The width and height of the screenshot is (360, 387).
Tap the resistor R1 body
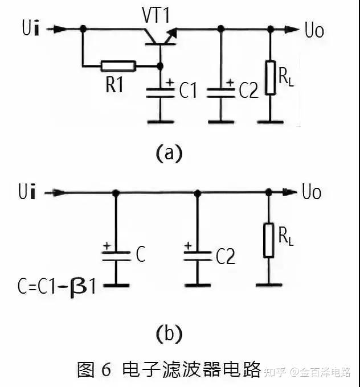click(118, 66)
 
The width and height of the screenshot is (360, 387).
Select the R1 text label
click(114, 86)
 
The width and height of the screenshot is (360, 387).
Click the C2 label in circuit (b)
click(225, 257)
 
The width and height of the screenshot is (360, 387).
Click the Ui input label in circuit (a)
click(29, 28)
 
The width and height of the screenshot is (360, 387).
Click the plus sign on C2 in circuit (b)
click(187, 246)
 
